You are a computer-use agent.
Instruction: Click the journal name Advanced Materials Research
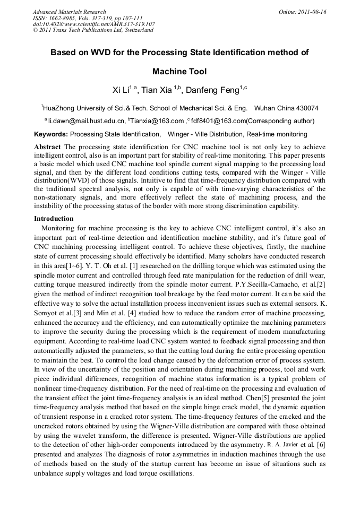tap(69, 12)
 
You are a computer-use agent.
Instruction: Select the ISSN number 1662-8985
tap(63, 18)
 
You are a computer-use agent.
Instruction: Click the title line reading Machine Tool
tap(179, 72)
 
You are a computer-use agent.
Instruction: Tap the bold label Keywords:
tap(51, 134)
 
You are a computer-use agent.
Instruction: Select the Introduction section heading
tap(54, 218)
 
